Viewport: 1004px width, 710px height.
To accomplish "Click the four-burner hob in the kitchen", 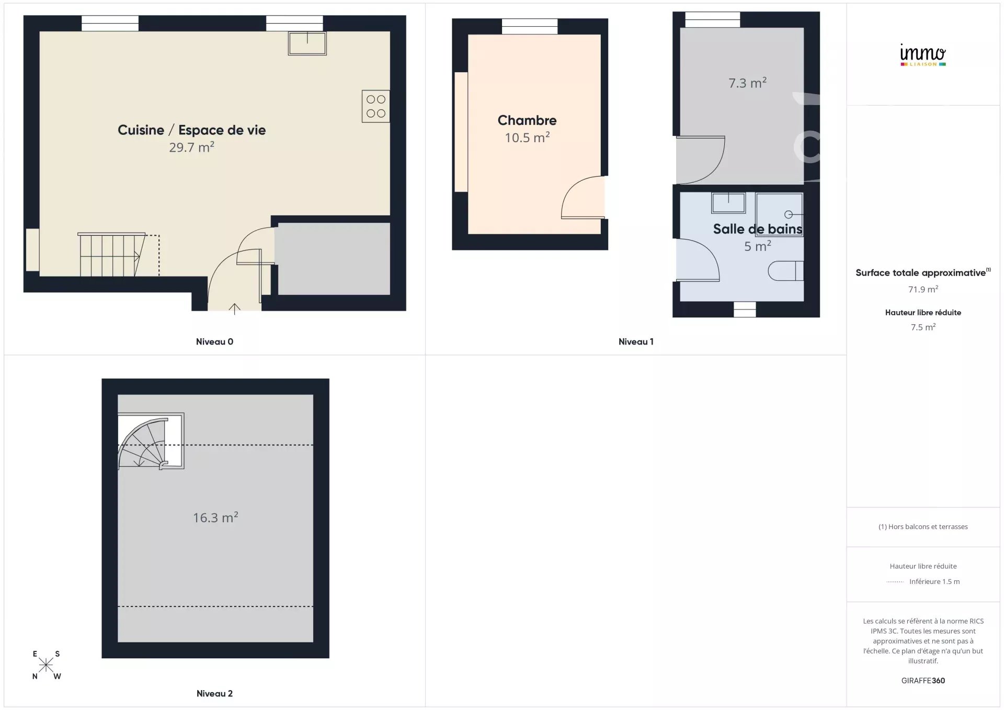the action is coord(375,106).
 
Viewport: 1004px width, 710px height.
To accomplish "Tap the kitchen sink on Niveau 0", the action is coord(307,43).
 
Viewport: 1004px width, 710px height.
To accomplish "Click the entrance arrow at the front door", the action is coord(234,308).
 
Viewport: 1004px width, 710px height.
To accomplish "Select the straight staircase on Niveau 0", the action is coord(112,254).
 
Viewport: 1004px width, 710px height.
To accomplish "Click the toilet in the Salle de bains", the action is coord(786,271).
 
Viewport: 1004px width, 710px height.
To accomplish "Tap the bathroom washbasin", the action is coord(728,203).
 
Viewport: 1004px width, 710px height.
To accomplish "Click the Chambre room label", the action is coord(527,120).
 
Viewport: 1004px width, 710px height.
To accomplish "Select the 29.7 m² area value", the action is coord(192,147).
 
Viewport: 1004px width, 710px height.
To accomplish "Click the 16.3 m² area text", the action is coord(215,518).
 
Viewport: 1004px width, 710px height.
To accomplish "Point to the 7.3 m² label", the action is coord(748,83).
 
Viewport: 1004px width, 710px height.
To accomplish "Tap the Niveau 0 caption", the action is coord(214,342).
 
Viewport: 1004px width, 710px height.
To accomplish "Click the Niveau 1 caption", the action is coord(636,342).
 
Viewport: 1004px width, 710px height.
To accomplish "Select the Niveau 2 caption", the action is coord(214,694).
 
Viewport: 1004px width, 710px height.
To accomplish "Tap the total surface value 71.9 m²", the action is coord(923,289).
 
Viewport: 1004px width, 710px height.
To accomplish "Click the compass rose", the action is coord(46,665).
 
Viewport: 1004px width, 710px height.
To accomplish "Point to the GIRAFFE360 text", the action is coord(923,681).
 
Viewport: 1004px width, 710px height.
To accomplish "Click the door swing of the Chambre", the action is coord(583,198).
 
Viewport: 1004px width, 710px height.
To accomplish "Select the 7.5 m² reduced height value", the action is coord(923,327).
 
